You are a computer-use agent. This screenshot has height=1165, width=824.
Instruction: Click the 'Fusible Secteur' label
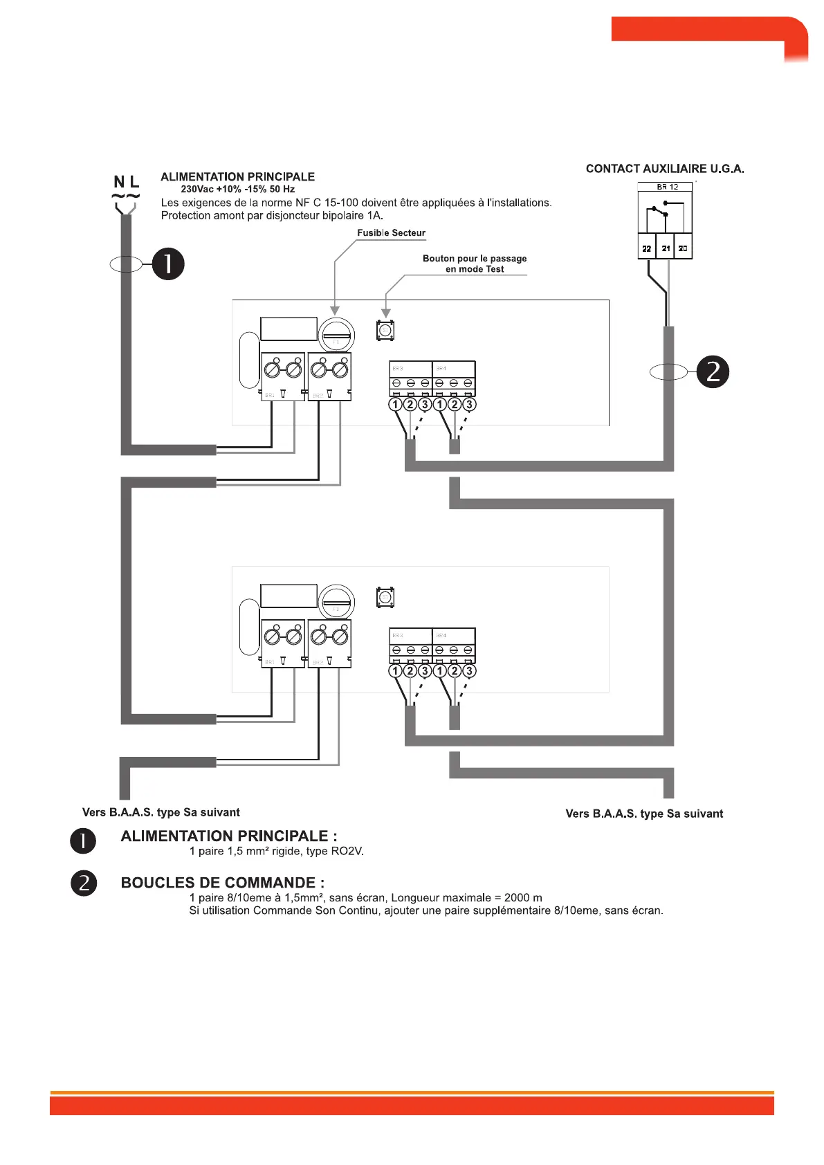point(391,233)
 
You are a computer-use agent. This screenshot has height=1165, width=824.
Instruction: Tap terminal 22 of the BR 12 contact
point(646,248)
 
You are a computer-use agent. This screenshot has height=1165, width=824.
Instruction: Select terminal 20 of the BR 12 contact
point(683,248)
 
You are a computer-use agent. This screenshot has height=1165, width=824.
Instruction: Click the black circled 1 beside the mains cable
point(168,264)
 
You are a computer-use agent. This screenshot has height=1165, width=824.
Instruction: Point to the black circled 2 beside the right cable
point(713,371)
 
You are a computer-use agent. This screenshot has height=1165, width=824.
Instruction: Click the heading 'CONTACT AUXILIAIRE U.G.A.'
point(665,169)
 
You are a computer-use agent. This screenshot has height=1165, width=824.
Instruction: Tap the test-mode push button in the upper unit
point(385,330)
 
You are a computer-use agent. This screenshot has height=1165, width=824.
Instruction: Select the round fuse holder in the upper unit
point(337,336)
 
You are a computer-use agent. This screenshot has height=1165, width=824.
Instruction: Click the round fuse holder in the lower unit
point(337,602)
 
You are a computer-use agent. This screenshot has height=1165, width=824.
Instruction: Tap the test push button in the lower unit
point(385,597)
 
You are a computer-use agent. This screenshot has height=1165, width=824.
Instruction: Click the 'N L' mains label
point(127,182)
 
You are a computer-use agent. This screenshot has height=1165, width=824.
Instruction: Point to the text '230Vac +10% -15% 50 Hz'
point(237,189)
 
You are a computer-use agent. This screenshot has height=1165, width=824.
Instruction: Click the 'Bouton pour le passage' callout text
point(475,259)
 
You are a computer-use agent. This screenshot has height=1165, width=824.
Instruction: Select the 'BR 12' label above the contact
point(667,187)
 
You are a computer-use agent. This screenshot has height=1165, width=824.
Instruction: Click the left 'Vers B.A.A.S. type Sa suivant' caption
point(161,812)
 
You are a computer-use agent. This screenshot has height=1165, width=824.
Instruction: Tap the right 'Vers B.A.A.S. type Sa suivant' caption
point(644,814)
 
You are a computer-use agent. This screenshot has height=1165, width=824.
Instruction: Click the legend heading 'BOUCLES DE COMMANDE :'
point(223,883)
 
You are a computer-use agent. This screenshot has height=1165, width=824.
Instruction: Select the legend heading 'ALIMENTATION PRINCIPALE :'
point(229,836)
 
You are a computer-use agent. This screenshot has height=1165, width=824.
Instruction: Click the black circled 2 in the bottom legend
point(84,883)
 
